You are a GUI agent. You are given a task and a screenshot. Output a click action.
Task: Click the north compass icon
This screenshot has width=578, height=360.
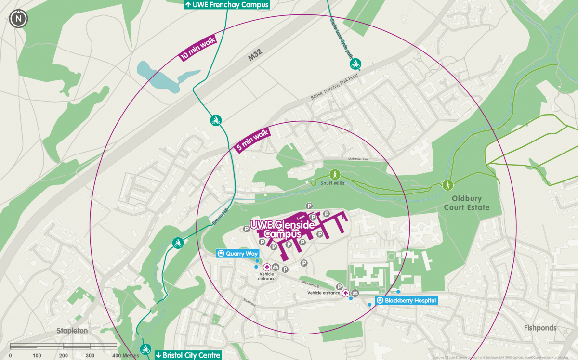pos(18,19)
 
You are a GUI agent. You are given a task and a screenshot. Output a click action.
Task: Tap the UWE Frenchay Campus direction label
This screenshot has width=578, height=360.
pos(227,4)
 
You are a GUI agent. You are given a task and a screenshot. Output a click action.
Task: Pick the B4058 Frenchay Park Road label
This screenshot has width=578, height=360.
pos(335,87)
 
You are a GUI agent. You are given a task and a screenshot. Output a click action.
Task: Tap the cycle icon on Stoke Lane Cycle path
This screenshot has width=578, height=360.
pos(355,64)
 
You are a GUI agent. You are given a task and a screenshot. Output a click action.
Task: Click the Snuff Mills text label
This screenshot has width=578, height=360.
pos(333,183)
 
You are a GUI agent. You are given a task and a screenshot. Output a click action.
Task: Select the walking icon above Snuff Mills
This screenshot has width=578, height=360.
pos(334,174)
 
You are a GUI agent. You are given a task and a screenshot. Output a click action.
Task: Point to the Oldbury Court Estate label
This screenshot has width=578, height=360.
pos(471,203)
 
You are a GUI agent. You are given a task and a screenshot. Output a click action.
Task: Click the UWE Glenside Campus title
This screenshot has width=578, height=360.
pos(282,229)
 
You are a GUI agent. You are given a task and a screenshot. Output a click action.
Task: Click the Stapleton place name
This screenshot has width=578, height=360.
pos(72,331)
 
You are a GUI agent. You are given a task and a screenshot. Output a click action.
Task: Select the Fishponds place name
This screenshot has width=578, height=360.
pos(540,328)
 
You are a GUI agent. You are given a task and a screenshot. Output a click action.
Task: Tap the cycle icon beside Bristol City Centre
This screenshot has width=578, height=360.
pos(145,349)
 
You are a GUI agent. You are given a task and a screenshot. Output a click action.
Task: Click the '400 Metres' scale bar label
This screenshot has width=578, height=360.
pos(126,355)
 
